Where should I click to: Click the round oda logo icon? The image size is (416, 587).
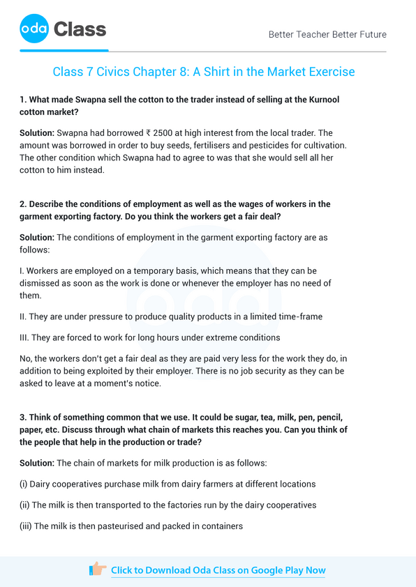(x=34, y=29)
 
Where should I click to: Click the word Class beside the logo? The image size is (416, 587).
(x=80, y=29)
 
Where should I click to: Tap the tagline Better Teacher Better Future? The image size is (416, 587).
(x=327, y=34)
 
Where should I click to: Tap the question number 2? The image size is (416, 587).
(x=23, y=204)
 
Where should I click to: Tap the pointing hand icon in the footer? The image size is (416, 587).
(x=98, y=570)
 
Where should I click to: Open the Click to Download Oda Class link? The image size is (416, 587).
(x=218, y=570)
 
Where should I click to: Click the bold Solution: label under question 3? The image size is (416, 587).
(x=37, y=463)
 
